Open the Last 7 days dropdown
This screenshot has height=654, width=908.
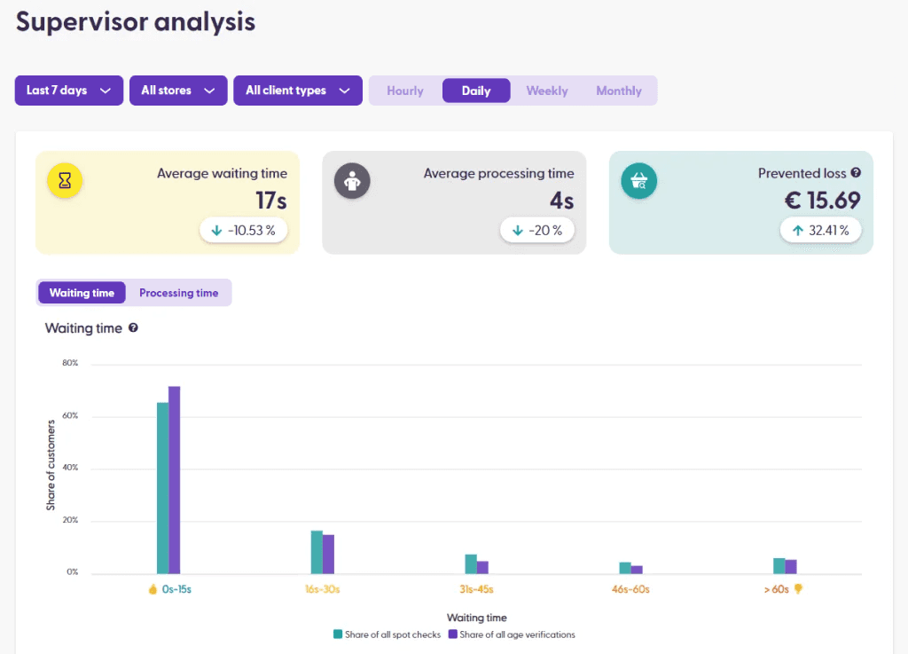[x=68, y=91]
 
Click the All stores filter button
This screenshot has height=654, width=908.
[x=177, y=91]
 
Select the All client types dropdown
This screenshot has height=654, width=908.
[x=297, y=91]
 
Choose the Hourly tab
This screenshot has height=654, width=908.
[x=405, y=91]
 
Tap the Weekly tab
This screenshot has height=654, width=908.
[x=547, y=91]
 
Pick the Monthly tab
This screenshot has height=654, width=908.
[x=619, y=91]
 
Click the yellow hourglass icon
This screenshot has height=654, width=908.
[x=65, y=180]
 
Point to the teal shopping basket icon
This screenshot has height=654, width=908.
[x=638, y=180]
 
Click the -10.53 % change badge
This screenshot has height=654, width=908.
[x=243, y=231]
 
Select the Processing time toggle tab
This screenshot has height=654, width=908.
[x=178, y=293]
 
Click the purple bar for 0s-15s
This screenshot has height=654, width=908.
[x=175, y=479]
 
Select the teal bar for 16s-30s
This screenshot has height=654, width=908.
[x=317, y=552]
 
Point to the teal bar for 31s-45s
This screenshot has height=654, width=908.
[x=471, y=564]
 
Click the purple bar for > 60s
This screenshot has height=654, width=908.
[x=791, y=566]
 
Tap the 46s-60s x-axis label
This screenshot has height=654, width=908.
[x=630, y=589]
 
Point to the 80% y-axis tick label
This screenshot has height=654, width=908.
[x=70, y=363]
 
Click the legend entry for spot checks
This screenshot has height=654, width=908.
[x=387, y=634]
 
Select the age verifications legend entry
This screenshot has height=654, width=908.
[x=512, y=634]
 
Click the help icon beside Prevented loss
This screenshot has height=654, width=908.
[x=856, y=173]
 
